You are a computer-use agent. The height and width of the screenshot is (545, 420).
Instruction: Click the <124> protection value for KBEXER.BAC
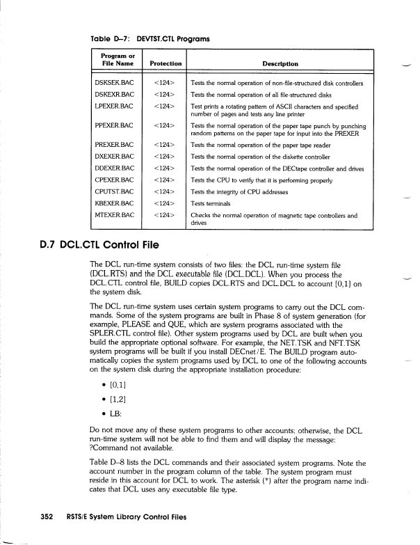pos(162,203)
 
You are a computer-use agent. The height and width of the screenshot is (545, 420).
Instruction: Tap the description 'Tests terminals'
pos(216,203)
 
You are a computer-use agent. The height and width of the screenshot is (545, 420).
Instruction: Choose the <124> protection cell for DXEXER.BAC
pos(162,156)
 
